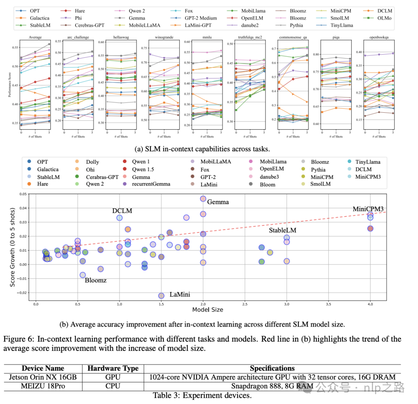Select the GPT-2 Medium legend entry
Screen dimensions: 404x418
tap(201, 18)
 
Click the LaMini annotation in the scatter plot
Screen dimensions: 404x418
tap(180, 295)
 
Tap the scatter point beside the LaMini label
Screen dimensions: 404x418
tap(161, 296)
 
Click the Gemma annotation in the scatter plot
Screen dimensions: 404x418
tap(218, 202)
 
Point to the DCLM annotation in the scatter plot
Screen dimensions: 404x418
tap(122, 211)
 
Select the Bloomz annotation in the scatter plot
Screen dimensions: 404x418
tap(96, 280)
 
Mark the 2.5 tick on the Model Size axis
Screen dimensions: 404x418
tap(245, 305)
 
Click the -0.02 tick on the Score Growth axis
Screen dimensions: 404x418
tap(23, 293)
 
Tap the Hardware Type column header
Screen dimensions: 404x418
tap(113, 368)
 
